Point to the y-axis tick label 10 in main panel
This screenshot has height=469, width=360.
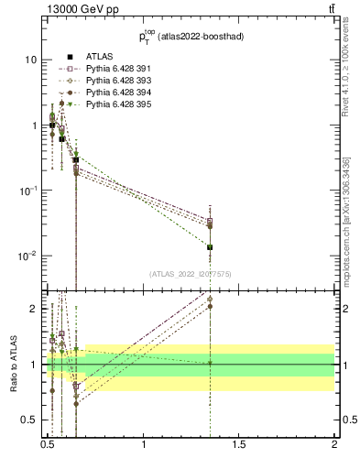click(29, 60)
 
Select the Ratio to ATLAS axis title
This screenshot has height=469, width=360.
click(13, 365)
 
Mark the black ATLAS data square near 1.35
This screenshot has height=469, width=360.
click(210, 247)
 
